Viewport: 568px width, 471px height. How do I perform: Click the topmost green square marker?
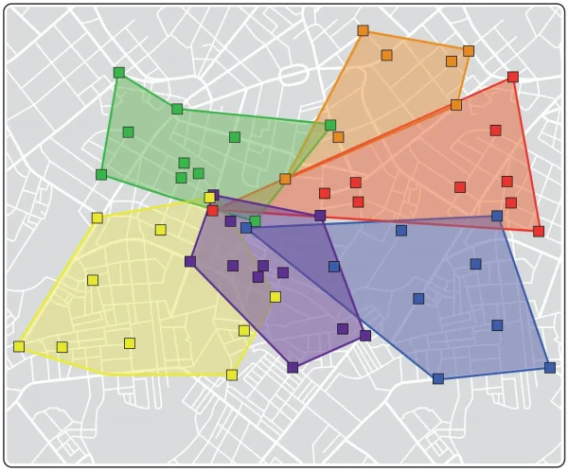(x=119, y=73)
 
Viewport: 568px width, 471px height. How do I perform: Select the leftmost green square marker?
(x=101, y=174)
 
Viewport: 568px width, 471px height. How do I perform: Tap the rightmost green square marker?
(x=330, y=125)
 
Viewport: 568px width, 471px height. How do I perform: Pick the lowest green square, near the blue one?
(x=255, y=220)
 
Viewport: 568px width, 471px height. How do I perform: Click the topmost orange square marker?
(x=363, y=31)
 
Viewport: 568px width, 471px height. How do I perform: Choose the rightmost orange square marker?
(x=468, y=51)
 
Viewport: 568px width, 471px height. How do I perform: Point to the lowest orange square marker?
(x=285, y=179)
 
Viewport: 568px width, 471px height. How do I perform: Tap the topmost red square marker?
(x=513, y=77)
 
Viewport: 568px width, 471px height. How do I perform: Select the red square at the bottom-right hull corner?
(x=539, y=231)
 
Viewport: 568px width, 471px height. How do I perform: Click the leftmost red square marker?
(x=213, y=210)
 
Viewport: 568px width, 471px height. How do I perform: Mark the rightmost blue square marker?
(x=550, y=367)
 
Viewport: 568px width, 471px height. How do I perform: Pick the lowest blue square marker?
(x=438, y=378)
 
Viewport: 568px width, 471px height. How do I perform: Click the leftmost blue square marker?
(x=246, y=227)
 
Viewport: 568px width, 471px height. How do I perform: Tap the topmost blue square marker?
(x=497, y=216)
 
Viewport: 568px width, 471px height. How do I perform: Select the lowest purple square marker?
(x=293, y=367)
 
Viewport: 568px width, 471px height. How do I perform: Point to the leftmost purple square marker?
(x=190, y=261)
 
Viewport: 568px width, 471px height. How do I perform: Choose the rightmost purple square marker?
(x=365, y=335)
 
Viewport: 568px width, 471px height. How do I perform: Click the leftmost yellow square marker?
(x=19, y=346)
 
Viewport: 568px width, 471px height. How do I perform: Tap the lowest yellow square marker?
(x=232, y=375)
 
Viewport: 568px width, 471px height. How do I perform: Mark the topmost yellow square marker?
(x=209, y=198)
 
